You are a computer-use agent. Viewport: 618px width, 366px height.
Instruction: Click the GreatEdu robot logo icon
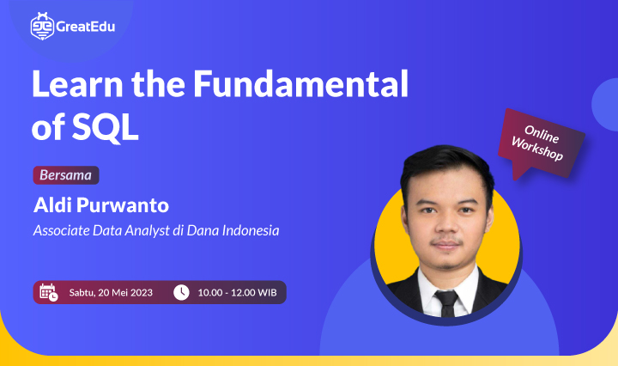(x=41, y=27)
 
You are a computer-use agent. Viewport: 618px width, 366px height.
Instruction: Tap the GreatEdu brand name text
(x=84, y=27)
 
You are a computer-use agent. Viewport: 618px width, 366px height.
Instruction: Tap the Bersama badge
(x=66, y=175)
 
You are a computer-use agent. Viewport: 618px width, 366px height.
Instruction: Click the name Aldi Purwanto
(x=101, y=207)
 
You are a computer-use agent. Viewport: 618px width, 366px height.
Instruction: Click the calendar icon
(x=48, y=292)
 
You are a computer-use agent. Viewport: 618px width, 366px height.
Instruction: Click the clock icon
(x=181, y=292)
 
